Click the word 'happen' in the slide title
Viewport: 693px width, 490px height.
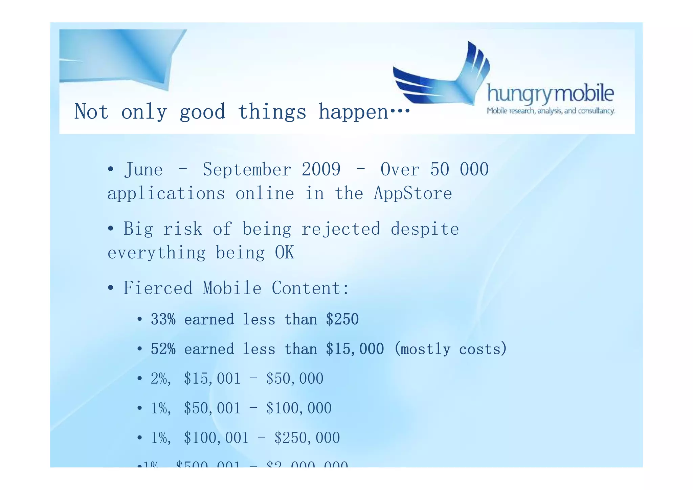point(354,112)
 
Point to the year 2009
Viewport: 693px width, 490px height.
point(321,169)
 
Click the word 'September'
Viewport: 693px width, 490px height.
point(247,169)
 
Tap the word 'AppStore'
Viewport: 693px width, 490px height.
point(413,194)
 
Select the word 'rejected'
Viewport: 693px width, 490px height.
point(341,229)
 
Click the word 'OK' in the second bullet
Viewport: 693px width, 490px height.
point(285,253)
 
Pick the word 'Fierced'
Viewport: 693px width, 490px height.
point(158,288)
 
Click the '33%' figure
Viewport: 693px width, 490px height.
point(163,319)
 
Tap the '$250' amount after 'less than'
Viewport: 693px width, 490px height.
point(342,319)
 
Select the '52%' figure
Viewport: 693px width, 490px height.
point(163,349)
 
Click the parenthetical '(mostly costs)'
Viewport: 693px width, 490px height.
point(450,349)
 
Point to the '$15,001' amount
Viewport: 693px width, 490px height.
point(212,379)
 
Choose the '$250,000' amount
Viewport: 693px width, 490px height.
point(307,438)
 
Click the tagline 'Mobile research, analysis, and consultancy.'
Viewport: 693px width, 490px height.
point(551,111)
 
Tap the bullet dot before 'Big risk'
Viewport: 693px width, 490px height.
point(110,229)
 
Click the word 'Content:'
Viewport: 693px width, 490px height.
point(310,288)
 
